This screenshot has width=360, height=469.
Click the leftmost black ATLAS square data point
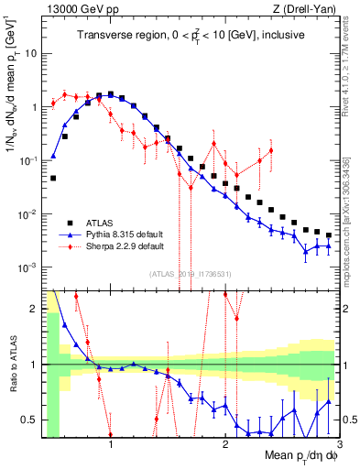click(x=53, y=178)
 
